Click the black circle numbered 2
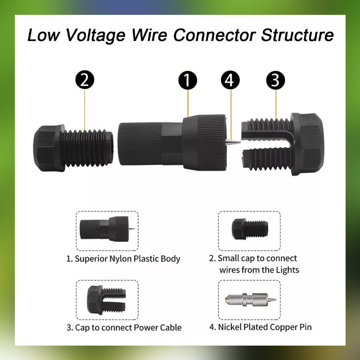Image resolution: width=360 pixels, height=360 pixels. pyautogui.click(x=85, y=80)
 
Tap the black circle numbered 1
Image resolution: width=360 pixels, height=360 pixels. pyautogui.click(x=188, y=80)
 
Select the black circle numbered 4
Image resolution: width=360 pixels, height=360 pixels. pyautogui.click(x=230, y=80)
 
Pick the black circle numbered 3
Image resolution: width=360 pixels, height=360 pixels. pyautogui.click(x=275, y=80)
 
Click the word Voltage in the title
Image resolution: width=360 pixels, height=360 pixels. pyautogui.click(x=95, y=36)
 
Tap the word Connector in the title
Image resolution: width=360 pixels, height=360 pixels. pyautogui.click(x=215, y=35)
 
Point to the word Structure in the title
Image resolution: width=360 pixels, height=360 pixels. pyautogui.click(x=297, y=35)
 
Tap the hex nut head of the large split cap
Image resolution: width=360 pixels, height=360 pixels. pyautogui.click(x=307, y=144)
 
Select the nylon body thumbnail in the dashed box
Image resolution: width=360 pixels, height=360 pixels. pyautogui.click(x=107, y=229)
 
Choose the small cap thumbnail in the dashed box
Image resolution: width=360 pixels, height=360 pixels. pyautogui.click(x=250, y=229)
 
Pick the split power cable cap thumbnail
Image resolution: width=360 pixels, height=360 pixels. pyautogui.click(x=106, y=300)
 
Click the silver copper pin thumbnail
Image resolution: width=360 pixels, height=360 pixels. pyautogui.click(x=251, y=300)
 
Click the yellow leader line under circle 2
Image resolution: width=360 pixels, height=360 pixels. pyautogui.click(x=85, y=109)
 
